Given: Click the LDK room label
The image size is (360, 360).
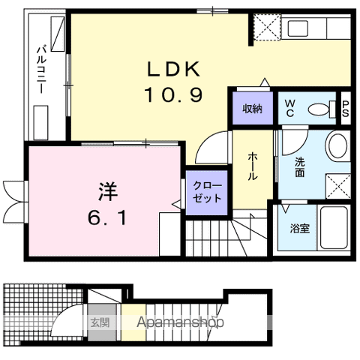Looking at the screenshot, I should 172,70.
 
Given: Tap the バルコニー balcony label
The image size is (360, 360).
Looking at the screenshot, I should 43,67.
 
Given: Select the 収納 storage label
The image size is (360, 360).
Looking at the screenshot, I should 251,109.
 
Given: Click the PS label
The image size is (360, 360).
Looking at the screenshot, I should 346,109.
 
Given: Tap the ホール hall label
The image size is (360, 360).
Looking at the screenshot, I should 253,166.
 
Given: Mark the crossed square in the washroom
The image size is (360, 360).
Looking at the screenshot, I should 337,183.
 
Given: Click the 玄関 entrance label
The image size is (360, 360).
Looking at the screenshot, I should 100,323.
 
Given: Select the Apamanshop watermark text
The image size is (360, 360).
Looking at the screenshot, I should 181,323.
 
